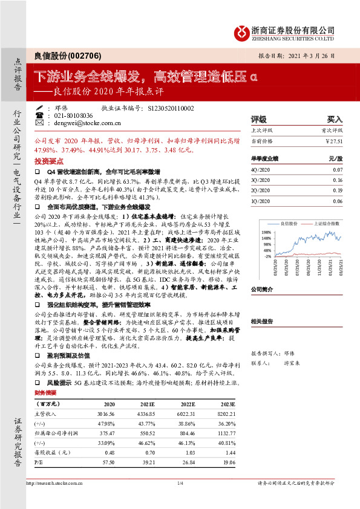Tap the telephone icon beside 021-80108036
tap(39, 115)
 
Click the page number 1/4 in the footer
tap(180, 484)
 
